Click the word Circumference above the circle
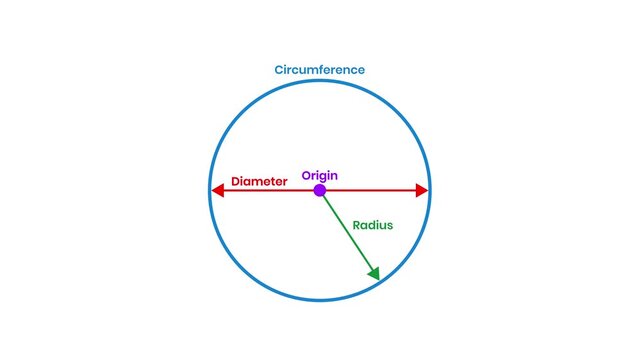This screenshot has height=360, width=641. pyautogui.click(x=320, y=70)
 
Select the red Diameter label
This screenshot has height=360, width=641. pyautogui.click(x=259, y=182)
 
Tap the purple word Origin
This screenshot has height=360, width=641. pyautogui.click(x=320, y=175)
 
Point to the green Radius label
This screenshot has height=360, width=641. pyautogui.click(x=373, y=225)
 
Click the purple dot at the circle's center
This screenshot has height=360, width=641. pyautogui.click(x=320, y=190)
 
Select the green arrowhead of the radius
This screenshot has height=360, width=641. pyautogui.click(x=375, y=273)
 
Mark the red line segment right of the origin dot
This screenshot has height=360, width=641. pyautogui.click(x=370, y=190)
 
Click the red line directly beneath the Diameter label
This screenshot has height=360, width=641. pyautogui.click(x=259, y=190)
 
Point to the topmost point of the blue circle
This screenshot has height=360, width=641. pyautogui.click(x=320, y=80)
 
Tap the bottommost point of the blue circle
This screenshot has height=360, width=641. pyautogui.click(x=320, y=300)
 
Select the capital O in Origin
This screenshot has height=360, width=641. pyautogui.click(x=307, y=175)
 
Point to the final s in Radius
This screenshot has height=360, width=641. pyautogui.click(x=390, y=225)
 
